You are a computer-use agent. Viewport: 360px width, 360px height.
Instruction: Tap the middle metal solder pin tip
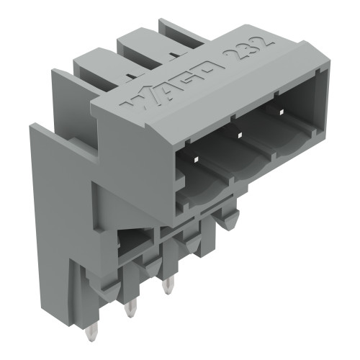pyautogui.click(x=131, y=310)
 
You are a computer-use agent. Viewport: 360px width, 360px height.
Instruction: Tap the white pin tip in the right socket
pyautogui.click(x=277, y=112)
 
